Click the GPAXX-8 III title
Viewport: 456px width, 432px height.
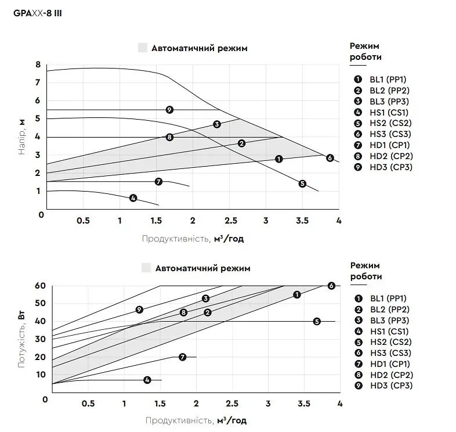38,13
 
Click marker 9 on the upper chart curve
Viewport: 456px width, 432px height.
169,110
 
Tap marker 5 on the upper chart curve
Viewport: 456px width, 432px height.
302,183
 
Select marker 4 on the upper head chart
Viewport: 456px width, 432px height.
133,198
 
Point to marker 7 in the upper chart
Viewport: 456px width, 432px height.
158,182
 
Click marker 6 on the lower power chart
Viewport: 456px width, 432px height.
331,286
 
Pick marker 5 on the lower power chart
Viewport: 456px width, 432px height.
317,321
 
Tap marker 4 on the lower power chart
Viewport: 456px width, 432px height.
147,380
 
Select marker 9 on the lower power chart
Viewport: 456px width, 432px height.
139,309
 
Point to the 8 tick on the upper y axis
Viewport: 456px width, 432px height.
38,64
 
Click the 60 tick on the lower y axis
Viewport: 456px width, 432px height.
40,286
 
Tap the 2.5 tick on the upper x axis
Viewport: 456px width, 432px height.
231,221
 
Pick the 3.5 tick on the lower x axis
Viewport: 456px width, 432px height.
304,404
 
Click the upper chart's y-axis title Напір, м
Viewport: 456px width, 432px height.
22,137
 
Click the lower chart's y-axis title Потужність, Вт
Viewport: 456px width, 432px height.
21,340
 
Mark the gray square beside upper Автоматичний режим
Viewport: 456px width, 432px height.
143,48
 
